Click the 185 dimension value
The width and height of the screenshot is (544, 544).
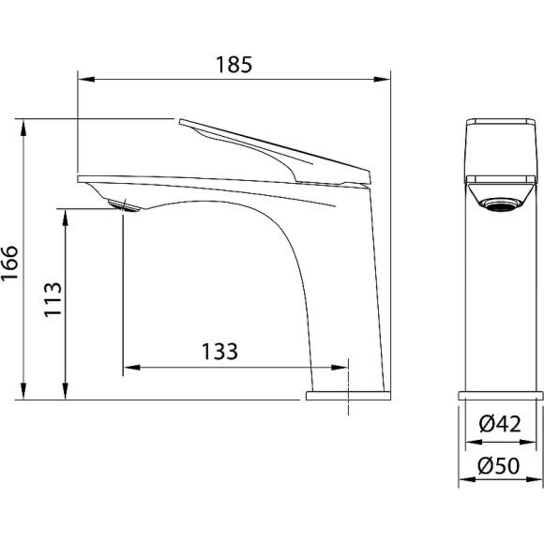pos(234,65)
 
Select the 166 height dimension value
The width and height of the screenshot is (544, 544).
pos(9,263)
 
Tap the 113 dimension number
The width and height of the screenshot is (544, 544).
pos(53,299)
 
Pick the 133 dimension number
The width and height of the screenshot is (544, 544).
pos(220,351)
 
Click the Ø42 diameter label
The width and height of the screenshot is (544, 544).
pos(500,424)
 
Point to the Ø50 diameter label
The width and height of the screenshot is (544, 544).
pos(499,465)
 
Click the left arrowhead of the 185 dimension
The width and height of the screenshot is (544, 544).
pos(86,80)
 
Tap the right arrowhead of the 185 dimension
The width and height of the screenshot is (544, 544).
pos(382,80)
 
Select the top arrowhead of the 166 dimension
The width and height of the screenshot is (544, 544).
pos(23,128)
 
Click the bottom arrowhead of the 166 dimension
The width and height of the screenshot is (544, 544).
pos(23,391)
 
